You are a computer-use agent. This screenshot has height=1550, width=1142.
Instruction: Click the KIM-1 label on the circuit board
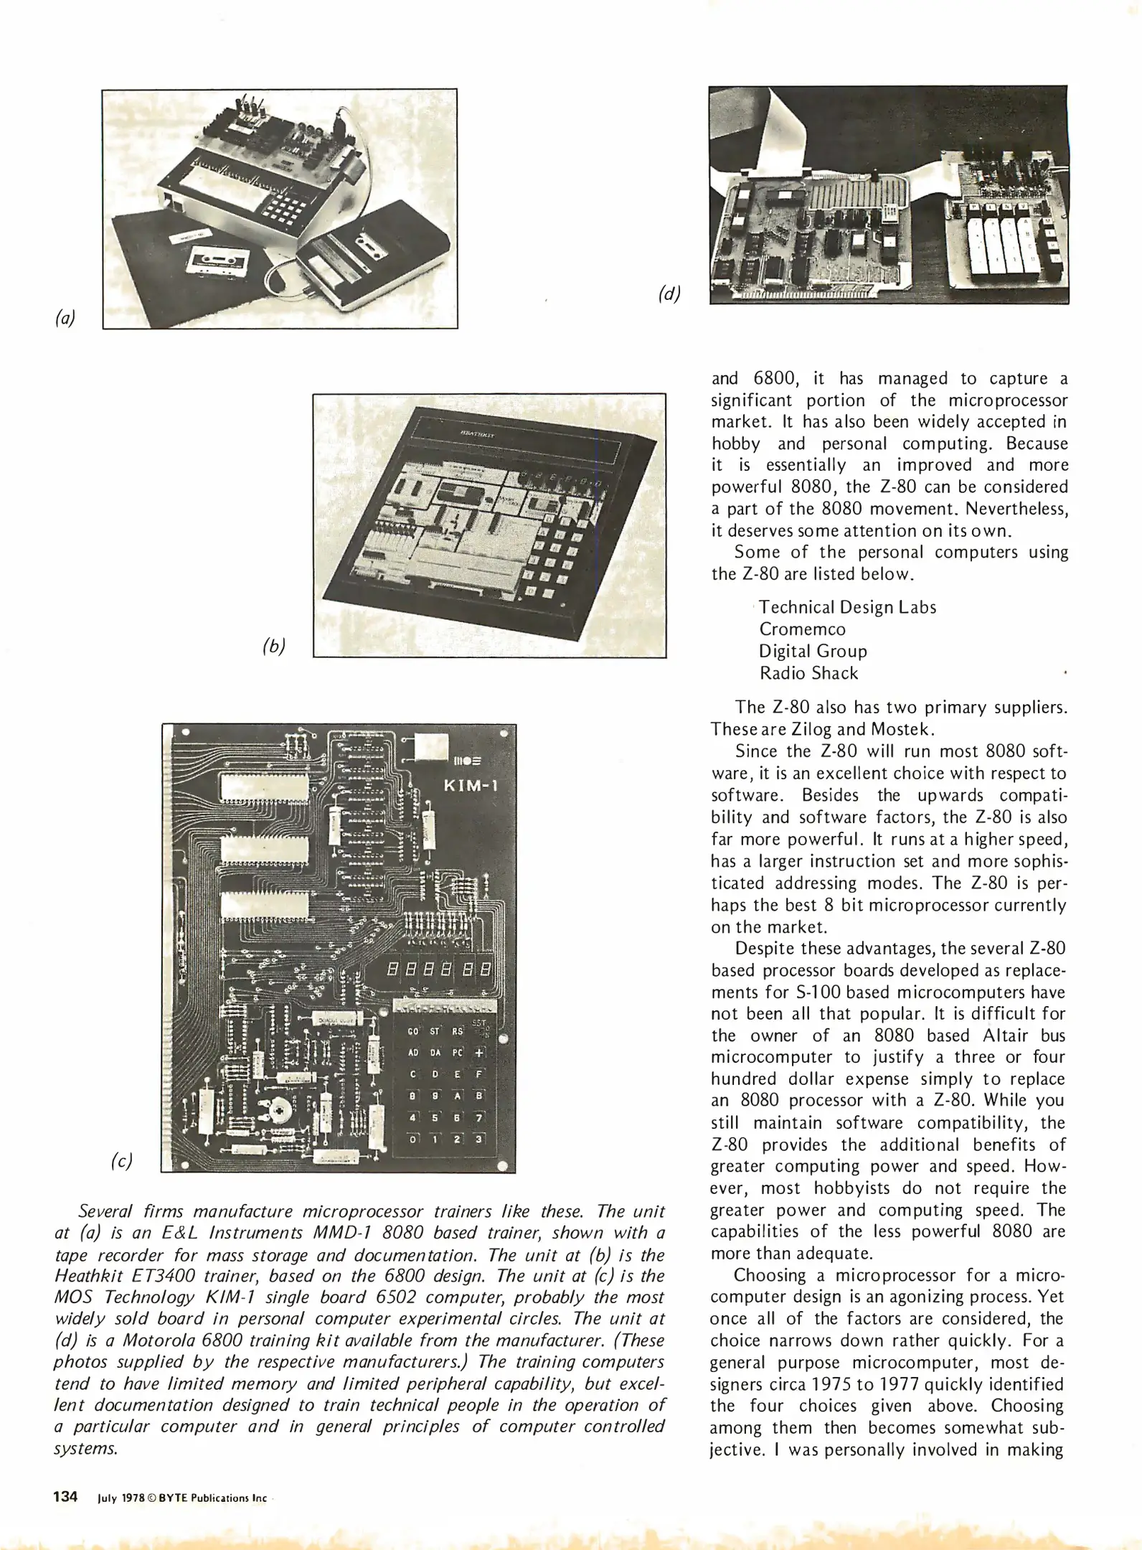coord(471,784)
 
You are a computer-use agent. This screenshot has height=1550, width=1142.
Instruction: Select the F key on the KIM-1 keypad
coord(479,1074)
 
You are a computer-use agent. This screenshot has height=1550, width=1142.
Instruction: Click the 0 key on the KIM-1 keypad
coord(412,1139)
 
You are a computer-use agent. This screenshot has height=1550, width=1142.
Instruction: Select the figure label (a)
coord(65,318)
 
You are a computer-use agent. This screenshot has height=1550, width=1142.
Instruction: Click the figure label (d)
coord(669,293)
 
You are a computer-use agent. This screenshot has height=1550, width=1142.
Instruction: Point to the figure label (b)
coord(274,646)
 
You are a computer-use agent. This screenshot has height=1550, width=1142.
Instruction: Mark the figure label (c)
coord(121,1161)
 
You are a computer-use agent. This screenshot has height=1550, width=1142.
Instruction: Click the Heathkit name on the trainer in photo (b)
coord(473,433)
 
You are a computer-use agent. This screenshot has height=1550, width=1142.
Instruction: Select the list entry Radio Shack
coord(808,673)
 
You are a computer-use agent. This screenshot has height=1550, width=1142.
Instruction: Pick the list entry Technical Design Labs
coord(847,607)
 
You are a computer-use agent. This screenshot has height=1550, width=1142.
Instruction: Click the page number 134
coord(65,1497)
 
